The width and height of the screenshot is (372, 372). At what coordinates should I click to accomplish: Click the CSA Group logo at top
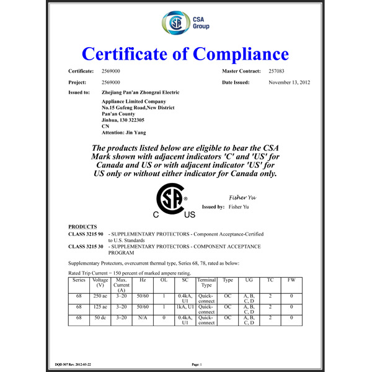click(185, 24)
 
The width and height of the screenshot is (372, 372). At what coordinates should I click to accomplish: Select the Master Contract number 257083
click(278, 72)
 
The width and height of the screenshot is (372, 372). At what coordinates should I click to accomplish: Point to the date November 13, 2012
click(290, 82)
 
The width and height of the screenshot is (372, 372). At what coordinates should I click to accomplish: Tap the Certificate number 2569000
click(110, 72)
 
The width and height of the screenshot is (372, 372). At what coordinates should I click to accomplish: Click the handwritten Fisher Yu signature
click(242, 197)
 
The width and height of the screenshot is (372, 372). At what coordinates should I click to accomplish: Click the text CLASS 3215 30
click(86, 247)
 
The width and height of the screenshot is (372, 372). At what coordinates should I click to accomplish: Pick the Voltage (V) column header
click(100, 283)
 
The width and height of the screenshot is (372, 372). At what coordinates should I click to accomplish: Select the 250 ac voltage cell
click(100, 297)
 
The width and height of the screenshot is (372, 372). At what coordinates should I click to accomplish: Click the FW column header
click(291, 280)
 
